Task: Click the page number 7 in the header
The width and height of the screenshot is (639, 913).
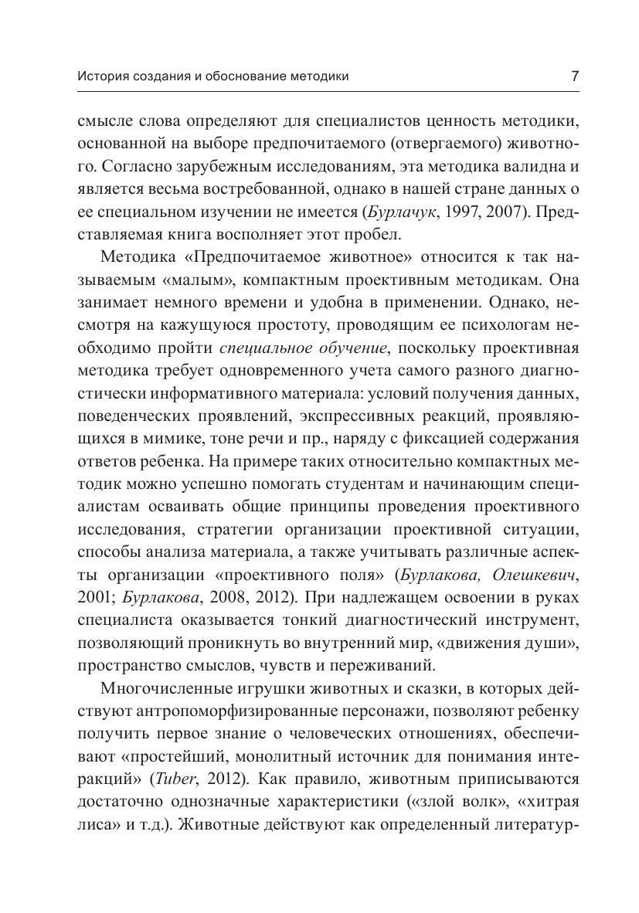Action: click(574, 76)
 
